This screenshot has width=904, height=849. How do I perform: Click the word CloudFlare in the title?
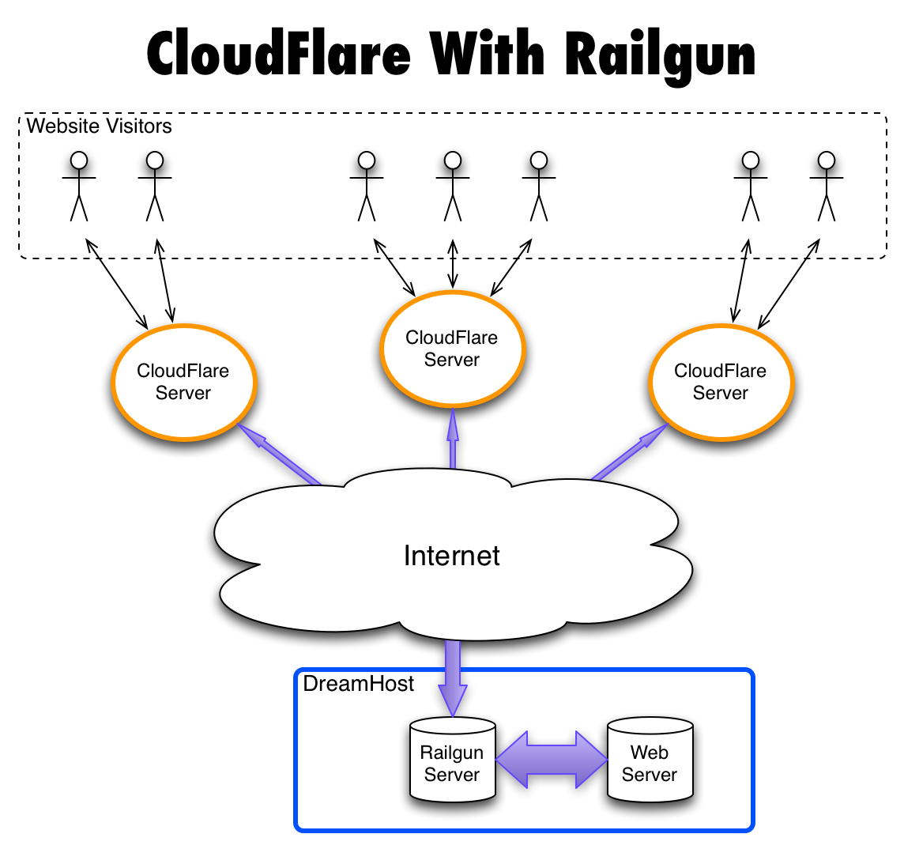coord(278,55)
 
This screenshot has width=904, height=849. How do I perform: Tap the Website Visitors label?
coord(99,125)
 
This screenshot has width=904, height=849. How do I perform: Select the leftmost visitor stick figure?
coord(79,186)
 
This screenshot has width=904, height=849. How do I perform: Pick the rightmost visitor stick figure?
coord(826,186)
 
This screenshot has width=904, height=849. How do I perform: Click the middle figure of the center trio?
coord(452,186)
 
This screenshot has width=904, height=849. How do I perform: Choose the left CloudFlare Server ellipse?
coord(183,382)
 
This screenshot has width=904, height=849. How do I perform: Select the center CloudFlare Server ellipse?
coord(452,349)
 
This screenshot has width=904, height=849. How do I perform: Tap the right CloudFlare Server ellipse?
coord(720,382)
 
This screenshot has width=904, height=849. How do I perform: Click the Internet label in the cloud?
coord(452,556)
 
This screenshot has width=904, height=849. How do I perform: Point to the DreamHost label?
coord(358,684)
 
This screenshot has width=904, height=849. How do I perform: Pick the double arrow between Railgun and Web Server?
coord(551,759)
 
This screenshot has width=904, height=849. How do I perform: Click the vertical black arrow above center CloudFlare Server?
coord(452,266)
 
